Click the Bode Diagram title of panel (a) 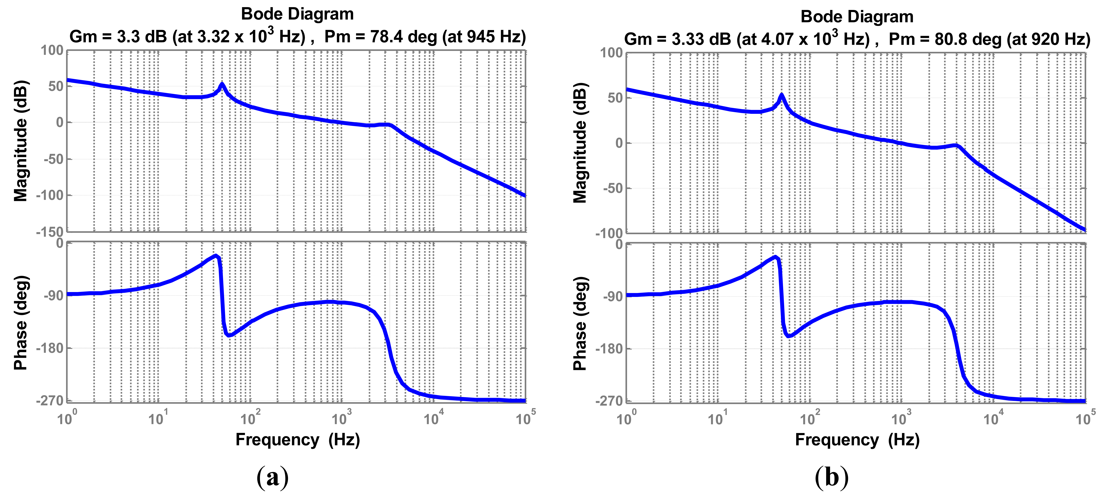[x=297, y=14]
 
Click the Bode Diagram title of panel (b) [x=857, y=17]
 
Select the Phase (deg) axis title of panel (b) [x=580, y=323]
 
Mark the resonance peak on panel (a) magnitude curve [x=221, y=84]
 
